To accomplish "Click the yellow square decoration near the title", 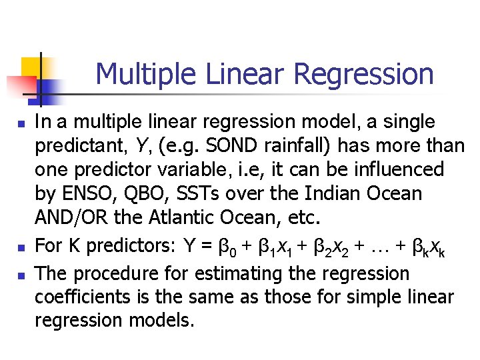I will point(31,67).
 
